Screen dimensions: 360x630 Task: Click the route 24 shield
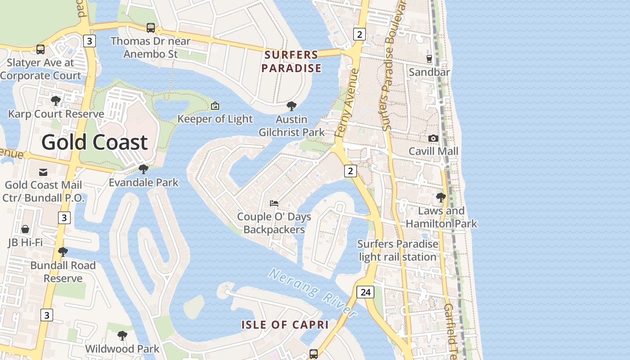(x=365, y=292)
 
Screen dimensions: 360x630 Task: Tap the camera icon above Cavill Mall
(x=433, y=138)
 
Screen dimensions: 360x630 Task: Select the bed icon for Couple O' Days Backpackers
(x=274, y=203)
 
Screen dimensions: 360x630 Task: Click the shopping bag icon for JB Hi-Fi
(x=25, y=229)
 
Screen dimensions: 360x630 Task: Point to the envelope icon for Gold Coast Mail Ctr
(x=43, y=172)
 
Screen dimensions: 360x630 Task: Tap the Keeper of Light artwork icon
(x=215, y=106)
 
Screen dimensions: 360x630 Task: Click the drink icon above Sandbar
(x=429, y=58)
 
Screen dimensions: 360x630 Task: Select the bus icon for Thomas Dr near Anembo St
(x=151, y=28)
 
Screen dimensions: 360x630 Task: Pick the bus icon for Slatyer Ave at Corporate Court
(x=40, y=49)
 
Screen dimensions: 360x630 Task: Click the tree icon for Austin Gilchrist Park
(x=292, y=106)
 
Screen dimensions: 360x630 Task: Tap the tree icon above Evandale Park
(x=144, y=169)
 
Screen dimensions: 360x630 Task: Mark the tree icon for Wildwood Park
(x=122, y=336)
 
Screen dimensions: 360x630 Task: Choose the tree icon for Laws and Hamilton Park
(x=441, y=198)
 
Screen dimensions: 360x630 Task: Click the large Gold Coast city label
(x=94, y=143)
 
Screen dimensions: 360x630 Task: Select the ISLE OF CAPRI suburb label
(x=285, y=324)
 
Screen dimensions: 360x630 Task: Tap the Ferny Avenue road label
(x=346, y=103)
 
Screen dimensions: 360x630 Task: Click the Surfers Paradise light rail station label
(x=397, y=250)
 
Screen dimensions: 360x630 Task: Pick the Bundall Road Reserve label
(x=63, y=272)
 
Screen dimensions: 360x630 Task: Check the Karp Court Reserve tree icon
(x=56, y=100)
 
